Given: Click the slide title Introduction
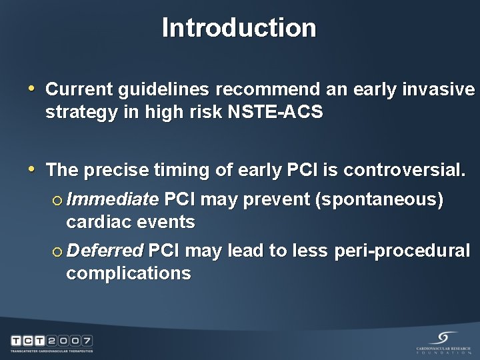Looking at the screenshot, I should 239,28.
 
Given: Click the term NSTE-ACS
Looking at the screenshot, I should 275,113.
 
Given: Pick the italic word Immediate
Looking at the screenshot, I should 112,199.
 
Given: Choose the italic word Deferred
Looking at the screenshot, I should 105,251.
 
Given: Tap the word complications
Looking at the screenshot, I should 128,274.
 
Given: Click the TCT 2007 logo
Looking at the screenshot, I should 51,343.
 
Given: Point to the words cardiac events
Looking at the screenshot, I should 130,222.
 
